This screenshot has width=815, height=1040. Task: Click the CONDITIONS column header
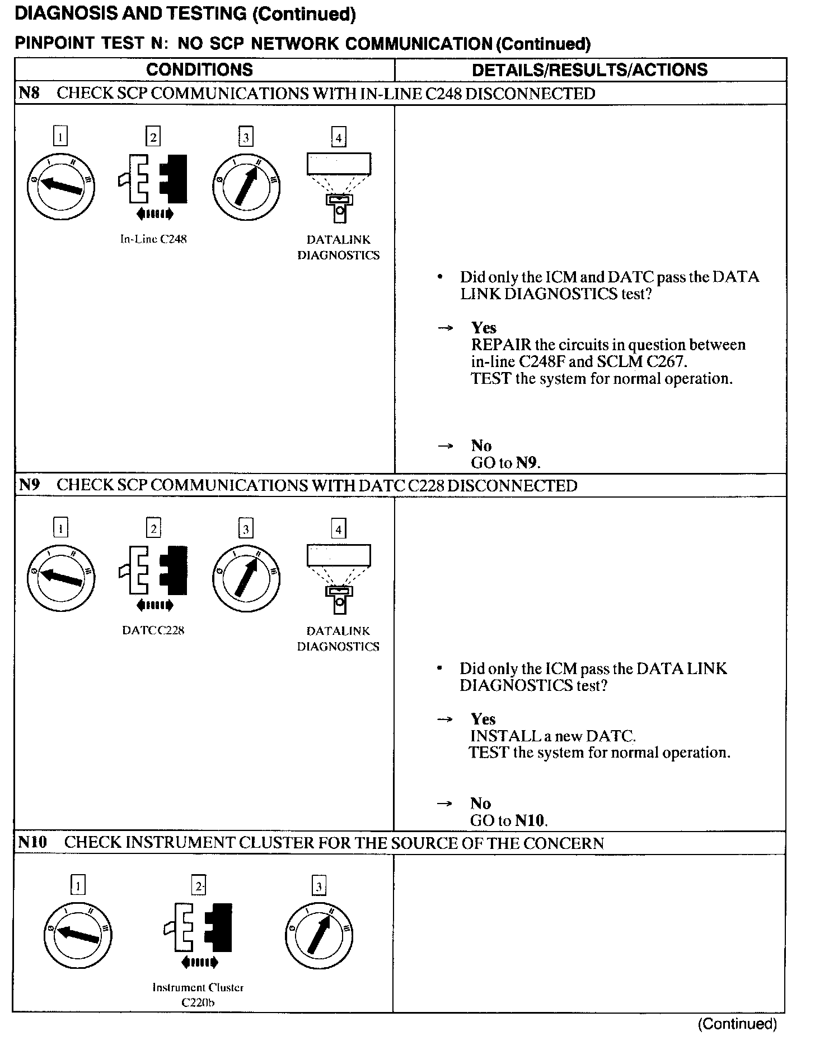click(199, 69)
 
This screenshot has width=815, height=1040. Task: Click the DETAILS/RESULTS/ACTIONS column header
click(590, 69)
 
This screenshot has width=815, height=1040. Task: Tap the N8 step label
click(29, 93)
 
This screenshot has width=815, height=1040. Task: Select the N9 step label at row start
click(29, 485)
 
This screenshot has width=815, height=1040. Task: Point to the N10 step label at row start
click(32, 842)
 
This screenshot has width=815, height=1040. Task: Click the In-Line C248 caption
click(153, 239)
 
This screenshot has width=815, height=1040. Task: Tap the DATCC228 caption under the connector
click(153, 630)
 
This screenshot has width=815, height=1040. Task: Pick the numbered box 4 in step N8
click(338, 137)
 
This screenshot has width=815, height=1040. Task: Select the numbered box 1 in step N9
click(60, 528)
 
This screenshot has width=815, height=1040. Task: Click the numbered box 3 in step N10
click(318, 886)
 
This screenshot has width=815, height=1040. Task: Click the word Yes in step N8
click(484, 328)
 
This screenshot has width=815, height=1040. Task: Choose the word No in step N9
click(480, 804)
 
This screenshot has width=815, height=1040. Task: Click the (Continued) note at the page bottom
click(737, 1024)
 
